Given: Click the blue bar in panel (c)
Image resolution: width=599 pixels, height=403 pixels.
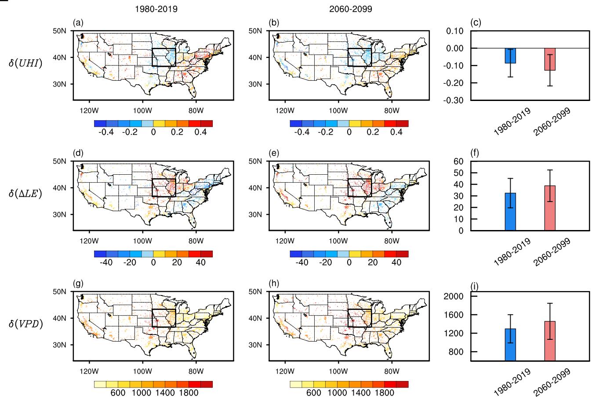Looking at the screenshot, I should tap(510, 56).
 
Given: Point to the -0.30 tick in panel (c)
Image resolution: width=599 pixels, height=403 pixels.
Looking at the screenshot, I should tap(455, 101).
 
